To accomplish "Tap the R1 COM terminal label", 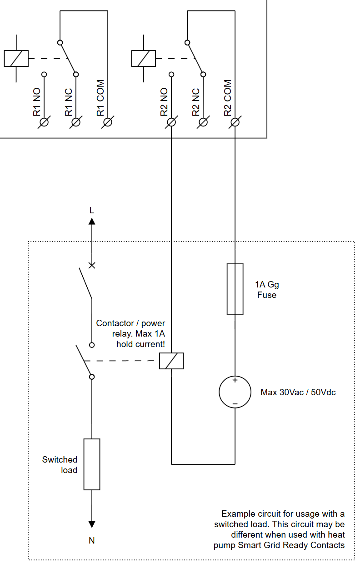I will pyautogui.click(x=100, y=98).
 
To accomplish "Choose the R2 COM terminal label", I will pyautogui.click(x=228, y=98).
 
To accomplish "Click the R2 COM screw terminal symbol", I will pyautogui.click(x=235, y=122).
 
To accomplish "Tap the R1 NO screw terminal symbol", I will pyautogui.click(x=44, y=122).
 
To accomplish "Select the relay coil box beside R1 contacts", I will pyautogui.click(x=16, y=58).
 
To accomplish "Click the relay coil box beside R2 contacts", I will pyautogui.click(x=143, y=58).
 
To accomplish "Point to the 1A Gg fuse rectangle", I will pyautogui.click(x=235, y=289).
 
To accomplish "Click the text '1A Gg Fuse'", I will pyautogui.click(x=267, y=290).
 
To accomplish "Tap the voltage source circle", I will pyautogui.click(x=235, y=392).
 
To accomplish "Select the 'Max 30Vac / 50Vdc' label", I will pyautogui.click(x=298, y=392).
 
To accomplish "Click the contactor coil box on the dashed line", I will pyautogui.click(x=171, y=361).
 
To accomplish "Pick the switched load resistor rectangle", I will pyautogui.click(x=92, y=464).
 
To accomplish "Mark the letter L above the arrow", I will pyautogui.click(x=92, y=211).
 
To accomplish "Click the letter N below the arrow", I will pyautogui.click(x=92, y=541).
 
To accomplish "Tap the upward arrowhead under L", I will pyautogui.click(x=92, y=222).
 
